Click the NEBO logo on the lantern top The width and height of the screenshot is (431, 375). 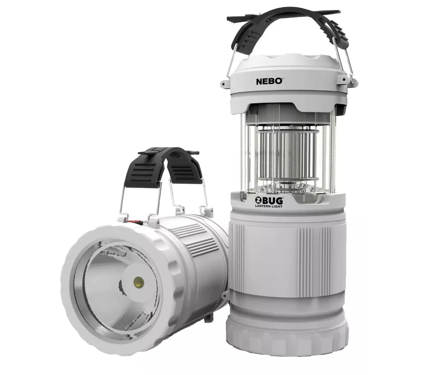tap(269, 81)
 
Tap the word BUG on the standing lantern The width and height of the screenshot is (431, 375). tap(272, 200)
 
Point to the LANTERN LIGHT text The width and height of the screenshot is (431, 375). tap(268, 206)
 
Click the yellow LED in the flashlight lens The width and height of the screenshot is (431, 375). tap(139, 282)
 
